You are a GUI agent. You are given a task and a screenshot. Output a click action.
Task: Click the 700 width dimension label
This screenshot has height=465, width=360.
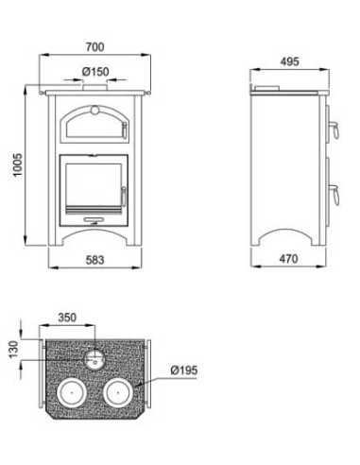pos(94,47)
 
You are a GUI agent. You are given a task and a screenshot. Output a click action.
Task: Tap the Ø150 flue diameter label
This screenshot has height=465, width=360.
pos(95,72)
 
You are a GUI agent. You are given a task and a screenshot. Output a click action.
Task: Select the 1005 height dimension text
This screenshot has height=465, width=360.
pos(17,164)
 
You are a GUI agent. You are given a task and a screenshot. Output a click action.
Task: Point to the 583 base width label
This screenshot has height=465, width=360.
pos(94,260)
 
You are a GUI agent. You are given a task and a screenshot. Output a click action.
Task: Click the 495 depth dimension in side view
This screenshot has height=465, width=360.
pos(289,61)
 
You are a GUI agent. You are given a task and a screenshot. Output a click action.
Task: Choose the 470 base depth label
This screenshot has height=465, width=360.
pos(288,259)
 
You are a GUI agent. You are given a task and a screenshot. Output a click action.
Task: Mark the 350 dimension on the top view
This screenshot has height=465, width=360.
pos(67,317)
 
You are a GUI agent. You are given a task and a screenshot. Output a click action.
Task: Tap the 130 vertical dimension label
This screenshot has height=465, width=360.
pos(13,349)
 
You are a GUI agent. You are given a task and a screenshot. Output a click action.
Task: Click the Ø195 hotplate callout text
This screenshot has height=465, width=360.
pos(184,370)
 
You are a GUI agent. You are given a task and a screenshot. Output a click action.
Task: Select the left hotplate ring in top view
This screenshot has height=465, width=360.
pos(72,379)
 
